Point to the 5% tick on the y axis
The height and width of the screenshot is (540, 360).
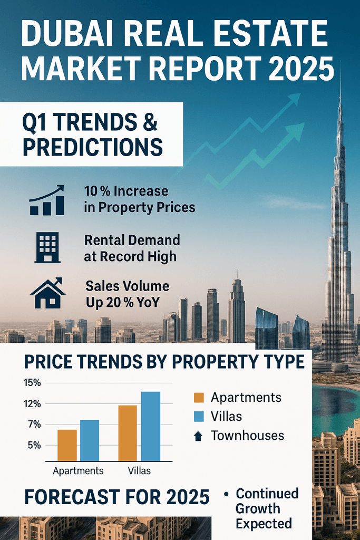(x=33, y=445)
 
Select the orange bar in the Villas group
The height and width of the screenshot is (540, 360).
(x=128, y=433)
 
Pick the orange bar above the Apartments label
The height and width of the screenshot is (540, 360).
(x=67, y=445)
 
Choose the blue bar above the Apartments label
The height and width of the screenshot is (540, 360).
(x=90, y=440)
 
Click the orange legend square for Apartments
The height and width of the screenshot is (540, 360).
(x=198, y=398)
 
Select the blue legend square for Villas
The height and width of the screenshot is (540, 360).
(x=198, y=417)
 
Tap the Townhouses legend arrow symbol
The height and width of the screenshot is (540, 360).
(x=198, y=436)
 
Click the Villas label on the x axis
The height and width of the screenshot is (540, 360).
(x=139, y=470)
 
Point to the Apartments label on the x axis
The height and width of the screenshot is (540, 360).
(x=79, y=470)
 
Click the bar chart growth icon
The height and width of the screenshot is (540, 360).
(x=47, y=200)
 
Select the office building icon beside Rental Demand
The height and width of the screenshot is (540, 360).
(x=47, y=247)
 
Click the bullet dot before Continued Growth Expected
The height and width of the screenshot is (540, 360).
(x=226, y=495)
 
